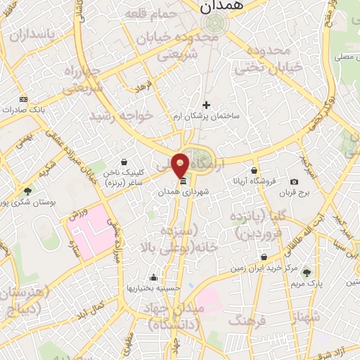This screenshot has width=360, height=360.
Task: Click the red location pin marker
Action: pos(181,165)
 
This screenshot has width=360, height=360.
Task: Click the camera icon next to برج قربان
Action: pos(294,182)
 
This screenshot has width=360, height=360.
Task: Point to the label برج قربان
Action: pos(295,192)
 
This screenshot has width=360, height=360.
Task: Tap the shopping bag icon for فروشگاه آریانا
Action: pos(254,170)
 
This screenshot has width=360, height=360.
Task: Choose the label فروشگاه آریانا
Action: pos(254,181)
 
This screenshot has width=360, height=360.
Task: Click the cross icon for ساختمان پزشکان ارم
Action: pos(206,105)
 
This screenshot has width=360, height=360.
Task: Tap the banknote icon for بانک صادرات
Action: pos(23,100)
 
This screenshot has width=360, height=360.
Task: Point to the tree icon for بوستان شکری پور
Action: pos(27,191)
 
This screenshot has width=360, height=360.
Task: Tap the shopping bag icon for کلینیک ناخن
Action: pos(124,162)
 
